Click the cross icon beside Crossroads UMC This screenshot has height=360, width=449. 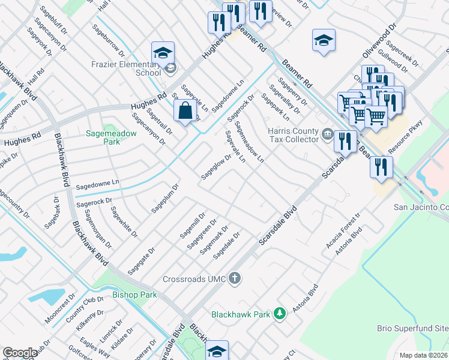tap(235, 278)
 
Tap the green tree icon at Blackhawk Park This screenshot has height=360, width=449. tap(279, 313)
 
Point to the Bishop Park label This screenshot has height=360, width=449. tap(134, 295)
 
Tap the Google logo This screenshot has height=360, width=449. tap(20, 353)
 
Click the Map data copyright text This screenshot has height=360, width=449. tap(424, 355)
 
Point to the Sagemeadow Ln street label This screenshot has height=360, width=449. tap(250, 143)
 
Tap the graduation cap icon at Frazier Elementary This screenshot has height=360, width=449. tap(163, 52)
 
